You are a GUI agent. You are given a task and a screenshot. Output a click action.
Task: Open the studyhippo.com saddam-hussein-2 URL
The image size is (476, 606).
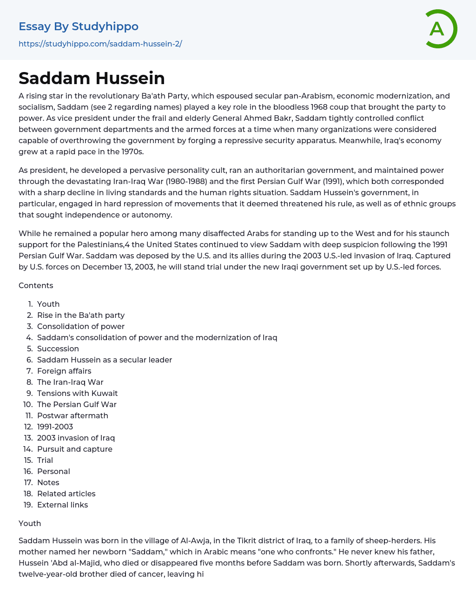(100, 44)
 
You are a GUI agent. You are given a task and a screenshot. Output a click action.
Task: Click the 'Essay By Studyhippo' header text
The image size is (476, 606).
(79, 26)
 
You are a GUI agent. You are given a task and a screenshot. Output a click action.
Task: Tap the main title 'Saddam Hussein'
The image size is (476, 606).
(92, 78)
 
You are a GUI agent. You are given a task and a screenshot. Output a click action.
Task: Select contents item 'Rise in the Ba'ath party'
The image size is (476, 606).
(81, 315)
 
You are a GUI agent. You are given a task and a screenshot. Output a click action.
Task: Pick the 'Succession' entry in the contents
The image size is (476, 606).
(58, 349)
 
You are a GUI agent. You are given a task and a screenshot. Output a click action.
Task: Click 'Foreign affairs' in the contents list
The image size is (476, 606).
(64, 371)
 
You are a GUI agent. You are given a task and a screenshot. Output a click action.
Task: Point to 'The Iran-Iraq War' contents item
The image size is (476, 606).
(70, 382)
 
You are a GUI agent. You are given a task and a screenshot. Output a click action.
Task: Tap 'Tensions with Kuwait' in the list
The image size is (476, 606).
(77, 393)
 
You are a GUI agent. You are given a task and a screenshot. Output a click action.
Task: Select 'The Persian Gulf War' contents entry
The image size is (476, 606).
(77, 404)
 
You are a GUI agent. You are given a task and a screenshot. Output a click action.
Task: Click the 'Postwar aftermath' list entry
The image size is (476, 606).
(73, 415)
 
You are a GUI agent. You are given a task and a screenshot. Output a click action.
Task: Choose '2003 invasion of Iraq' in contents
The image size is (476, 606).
(76, 438)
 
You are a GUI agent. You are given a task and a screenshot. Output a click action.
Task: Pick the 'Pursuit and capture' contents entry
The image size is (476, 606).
(75, 449)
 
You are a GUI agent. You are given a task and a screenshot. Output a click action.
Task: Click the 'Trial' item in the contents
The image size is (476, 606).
(45, 460)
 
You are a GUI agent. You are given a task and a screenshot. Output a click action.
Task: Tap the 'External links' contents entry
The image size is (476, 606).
(62, 505)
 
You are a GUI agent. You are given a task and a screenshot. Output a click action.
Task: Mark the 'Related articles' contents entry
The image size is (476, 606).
(66, 494)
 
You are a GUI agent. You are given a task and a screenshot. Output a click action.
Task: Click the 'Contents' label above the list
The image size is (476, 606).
(36, 285)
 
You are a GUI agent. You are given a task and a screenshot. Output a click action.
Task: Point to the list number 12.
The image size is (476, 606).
(28, 427)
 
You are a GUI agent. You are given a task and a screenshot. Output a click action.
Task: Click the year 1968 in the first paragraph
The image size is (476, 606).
(319, 107)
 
